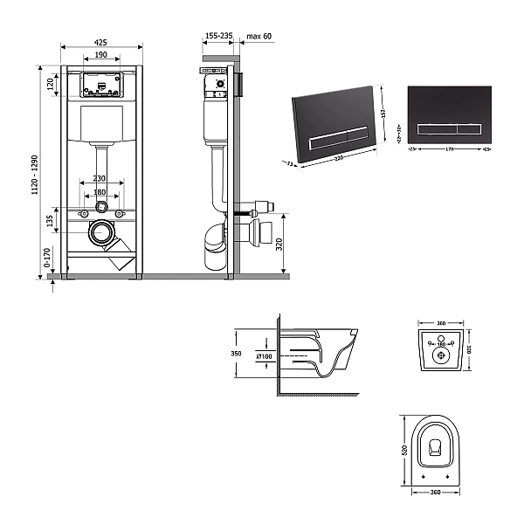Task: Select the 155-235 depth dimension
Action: point(218,36)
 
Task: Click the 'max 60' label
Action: point(259,36)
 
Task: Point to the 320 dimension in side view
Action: point(279,244)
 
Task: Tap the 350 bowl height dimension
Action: point(236,354)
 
